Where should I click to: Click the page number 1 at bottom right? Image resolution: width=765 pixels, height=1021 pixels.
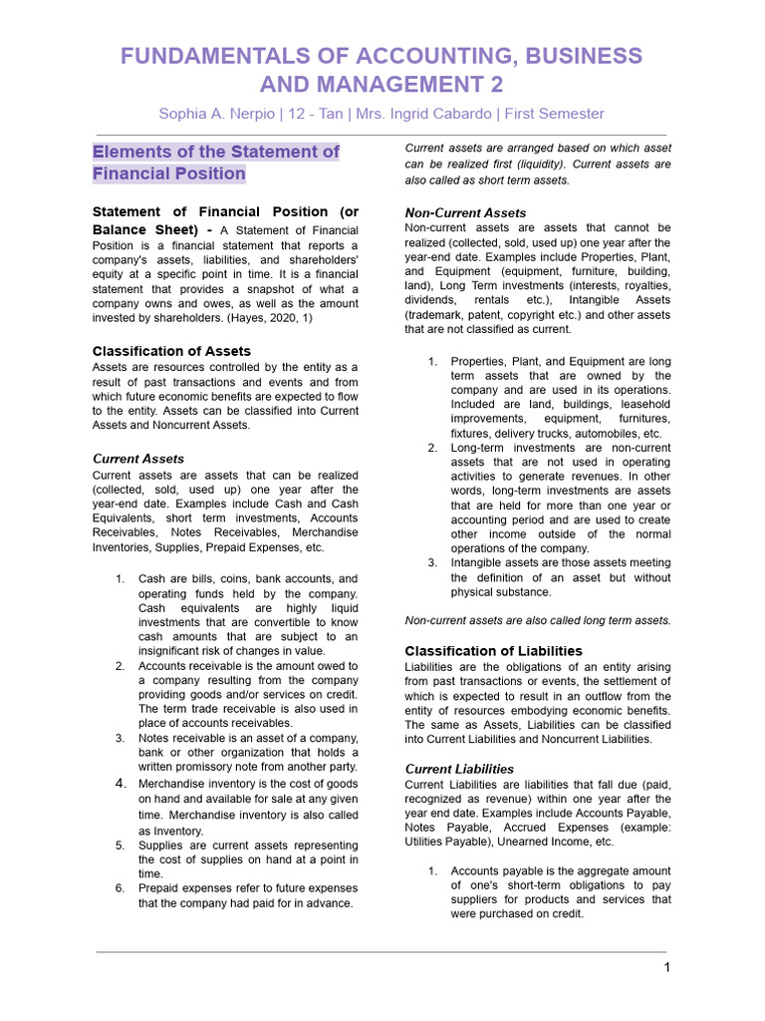point(667,967)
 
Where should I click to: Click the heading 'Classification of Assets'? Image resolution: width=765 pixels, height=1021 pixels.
point(171,351)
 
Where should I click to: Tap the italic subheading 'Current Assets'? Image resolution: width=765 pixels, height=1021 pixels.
point(137,459)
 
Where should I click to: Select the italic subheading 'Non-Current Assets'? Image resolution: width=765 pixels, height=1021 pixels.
point(465,212)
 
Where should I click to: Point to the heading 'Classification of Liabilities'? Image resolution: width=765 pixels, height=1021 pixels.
point(493,651)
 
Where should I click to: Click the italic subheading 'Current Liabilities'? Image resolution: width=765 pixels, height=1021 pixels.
point(459,769)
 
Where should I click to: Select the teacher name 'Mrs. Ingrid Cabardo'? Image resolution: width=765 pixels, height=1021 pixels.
point(421,114)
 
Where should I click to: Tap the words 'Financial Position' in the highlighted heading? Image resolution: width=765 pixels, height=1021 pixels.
point(168,173)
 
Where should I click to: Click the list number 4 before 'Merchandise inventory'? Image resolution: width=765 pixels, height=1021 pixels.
point(120,784)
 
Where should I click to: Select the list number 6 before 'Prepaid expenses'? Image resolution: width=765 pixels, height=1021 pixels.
point(120,887)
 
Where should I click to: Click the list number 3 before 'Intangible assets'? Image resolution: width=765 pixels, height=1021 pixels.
point(432,562)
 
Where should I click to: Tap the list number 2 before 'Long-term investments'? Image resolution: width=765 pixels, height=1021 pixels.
point(432,448)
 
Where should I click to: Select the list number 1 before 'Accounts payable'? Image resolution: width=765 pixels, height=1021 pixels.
point(432,870)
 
